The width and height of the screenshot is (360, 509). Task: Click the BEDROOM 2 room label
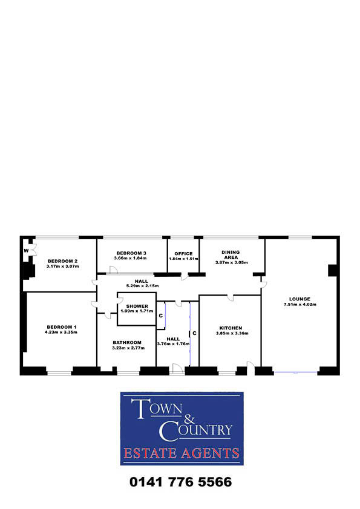coord(63,261)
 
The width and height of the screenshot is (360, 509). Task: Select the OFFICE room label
coord(183,253)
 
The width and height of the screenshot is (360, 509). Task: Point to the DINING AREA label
coord(231,254)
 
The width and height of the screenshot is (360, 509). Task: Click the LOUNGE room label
coord(299,299)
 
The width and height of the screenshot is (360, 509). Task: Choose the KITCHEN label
coord(231,328)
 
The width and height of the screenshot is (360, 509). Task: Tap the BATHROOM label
coord(127,343)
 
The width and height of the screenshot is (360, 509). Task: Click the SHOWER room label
coord(137,306)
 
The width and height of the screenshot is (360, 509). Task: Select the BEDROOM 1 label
coord(61,327)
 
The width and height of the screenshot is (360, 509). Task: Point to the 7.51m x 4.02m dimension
coord(300,305)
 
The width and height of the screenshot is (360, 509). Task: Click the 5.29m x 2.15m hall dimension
coord(143,286)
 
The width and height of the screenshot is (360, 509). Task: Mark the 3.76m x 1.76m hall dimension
coord(173,344)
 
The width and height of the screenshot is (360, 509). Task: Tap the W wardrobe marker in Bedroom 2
coord(26,251)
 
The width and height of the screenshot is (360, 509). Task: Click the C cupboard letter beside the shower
coord(161,316)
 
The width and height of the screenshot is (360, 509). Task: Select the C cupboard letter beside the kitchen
coord(194,333)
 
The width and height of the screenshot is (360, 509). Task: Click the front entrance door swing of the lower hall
coord(177,368)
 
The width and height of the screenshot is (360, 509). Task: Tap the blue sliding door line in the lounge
coord(296,372)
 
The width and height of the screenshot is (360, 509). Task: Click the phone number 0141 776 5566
coord(181,482)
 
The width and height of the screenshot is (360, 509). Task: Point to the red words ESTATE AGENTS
coord(182,453)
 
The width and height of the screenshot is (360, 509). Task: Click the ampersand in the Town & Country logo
coord(189,418)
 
